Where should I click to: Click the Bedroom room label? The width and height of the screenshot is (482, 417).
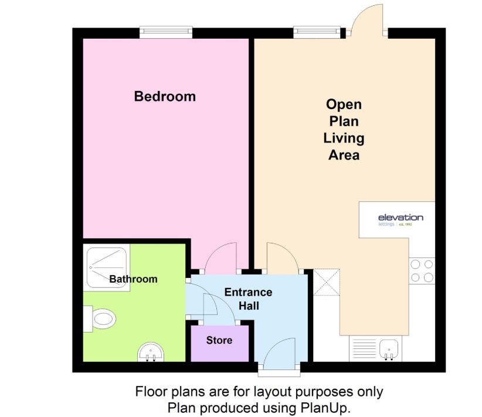(x=165, y=96)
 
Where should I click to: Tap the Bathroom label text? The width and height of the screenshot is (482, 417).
(x=133, y=279)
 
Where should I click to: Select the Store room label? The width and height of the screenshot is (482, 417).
(x=219, y=340)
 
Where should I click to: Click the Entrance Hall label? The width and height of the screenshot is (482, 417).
(x=249, y=299)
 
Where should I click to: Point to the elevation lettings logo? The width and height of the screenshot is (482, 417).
(x=400, y=220)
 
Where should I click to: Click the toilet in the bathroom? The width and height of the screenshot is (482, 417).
(x=100, y=318)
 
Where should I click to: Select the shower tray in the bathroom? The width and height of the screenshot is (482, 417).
(x=106, y=267)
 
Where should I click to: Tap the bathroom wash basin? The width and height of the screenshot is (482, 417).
(x=150, y=352)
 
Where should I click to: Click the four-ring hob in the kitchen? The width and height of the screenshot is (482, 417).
(x=422, y=271)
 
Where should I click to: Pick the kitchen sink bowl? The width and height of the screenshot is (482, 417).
(x=389, y=348)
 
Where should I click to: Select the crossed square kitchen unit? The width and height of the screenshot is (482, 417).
(x=327, y=282)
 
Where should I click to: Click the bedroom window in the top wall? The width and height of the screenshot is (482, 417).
(x=166, y=32)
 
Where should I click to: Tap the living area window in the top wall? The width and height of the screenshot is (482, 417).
(x=317, y=32)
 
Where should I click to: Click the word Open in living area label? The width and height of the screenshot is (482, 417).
(x=344, y=104)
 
